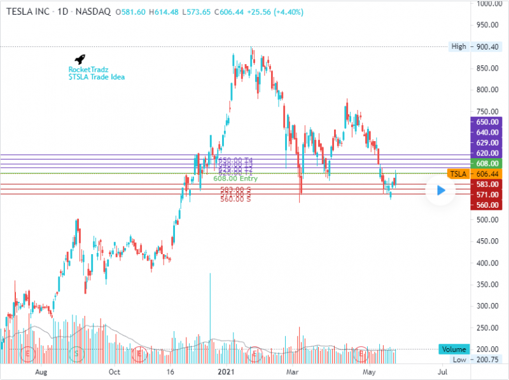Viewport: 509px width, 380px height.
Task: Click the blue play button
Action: (440, 189)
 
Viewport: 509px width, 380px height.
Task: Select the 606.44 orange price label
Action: (487, 173)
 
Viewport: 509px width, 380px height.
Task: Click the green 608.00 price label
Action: (487, 163)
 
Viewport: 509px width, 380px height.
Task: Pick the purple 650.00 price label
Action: (487, 121)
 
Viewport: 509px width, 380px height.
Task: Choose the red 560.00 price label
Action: (487, 205)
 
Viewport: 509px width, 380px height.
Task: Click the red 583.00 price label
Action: (487, 184)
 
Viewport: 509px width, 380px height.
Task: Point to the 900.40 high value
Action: (488, 46)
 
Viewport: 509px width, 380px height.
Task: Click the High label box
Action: (458, 46)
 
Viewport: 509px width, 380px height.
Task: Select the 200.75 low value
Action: (487, 359)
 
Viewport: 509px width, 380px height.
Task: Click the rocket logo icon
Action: (80, 59)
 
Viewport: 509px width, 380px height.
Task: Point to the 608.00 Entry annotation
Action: (235, 179)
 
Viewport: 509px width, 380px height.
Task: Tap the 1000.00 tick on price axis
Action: (488, 4)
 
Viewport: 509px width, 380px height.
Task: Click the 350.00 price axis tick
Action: (488, 284)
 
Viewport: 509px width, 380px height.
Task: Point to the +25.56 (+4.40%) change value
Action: (261, 11)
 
